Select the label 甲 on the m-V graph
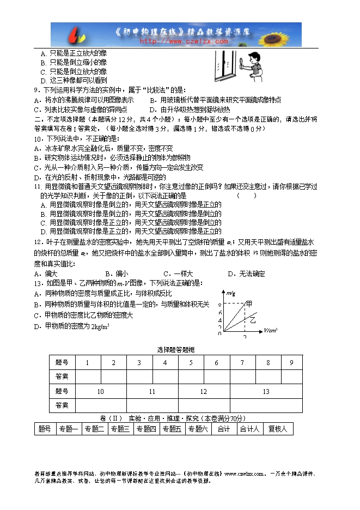tap(249, 303)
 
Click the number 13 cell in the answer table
tap(266, 391)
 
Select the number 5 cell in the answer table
tap(191, 363)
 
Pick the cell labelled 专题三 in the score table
tap(120, 429)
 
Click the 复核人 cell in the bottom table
tap(278, 429)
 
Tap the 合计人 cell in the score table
tap(251, 429)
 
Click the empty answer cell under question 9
tap(292, 377)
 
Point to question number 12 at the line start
tap(38, 242)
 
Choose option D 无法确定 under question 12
tap(246, 274)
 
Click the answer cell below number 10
tap(101, 405)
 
